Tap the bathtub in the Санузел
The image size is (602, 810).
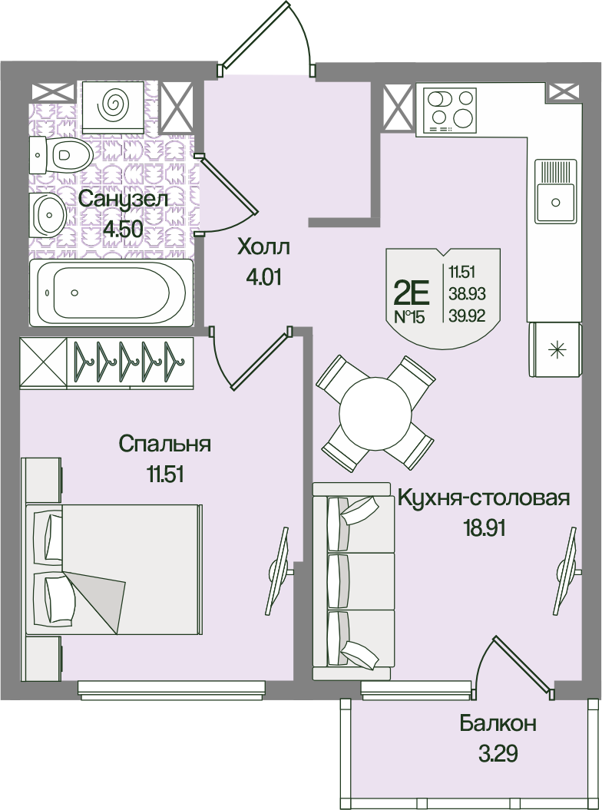(x=111, y=293)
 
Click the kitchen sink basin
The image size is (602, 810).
(x=555, y=191)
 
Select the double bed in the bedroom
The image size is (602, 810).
(x=113, y=569)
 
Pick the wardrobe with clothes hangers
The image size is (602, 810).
(x=107, y=362)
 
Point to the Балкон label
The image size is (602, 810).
(x=498, y=724)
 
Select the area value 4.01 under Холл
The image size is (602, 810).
(x=263, y=278)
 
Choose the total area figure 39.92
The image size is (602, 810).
(x=467, y=316)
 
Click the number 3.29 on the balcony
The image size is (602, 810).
(x=498, y=754)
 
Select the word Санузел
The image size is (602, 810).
(x=124, y=200)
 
